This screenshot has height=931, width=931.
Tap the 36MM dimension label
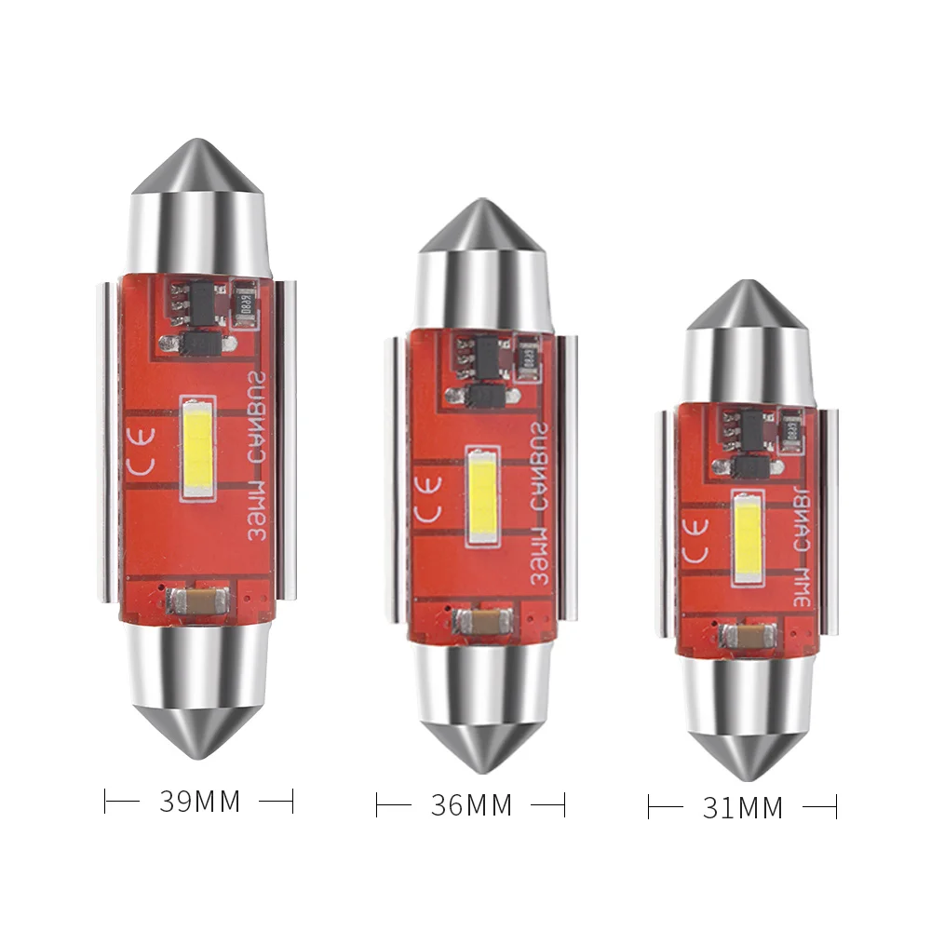click(x=471, y=804)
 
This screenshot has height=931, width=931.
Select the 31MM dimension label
click(x=742, y=806)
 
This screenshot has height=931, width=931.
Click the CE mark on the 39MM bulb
click(x=143, y=466)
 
